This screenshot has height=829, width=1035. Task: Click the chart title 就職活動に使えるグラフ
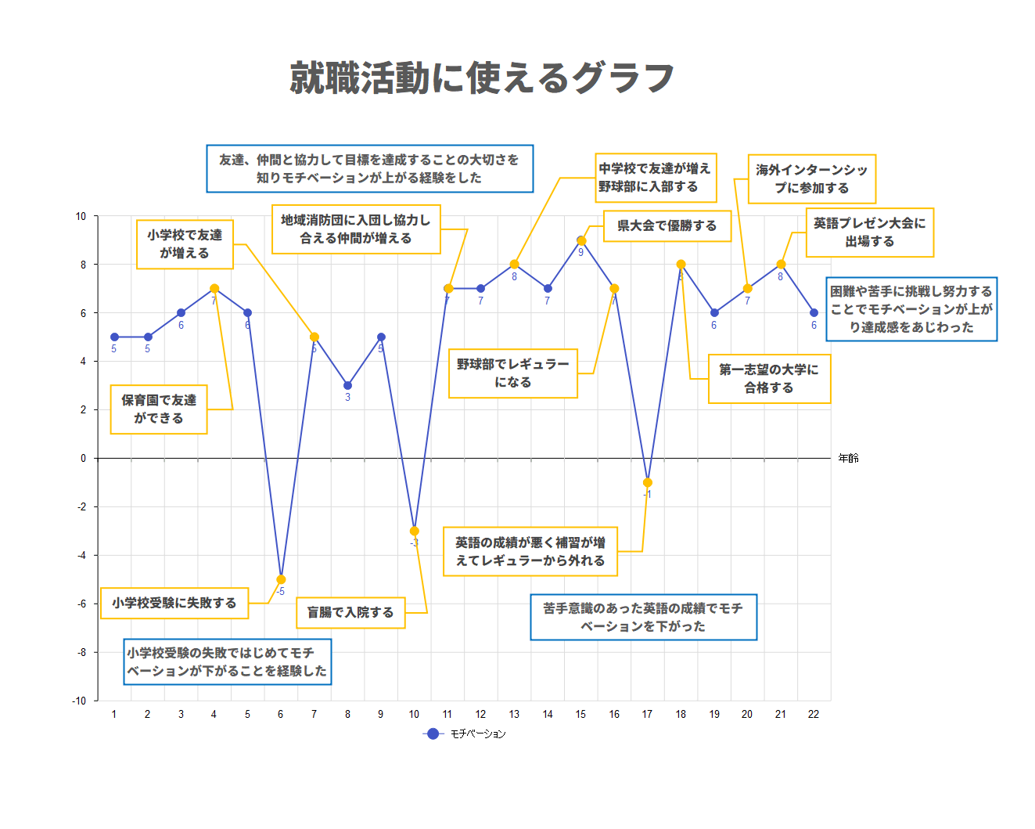pyautogui.click(x=481, y=77)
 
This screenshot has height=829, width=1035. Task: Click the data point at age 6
pyautogui.click(x=281, y=579)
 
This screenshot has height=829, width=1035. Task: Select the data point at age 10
pyautogui.click(x=415, y=531)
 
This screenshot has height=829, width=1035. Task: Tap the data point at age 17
pyautogui.click(x=647, y=482)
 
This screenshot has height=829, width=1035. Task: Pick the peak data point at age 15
pyautogui.click(x=580, y=240)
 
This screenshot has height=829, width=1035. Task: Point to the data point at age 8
pyautogui.click(x=347, y=385)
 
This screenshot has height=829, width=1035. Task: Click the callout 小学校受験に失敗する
pyautogui.click(x=174, y=603)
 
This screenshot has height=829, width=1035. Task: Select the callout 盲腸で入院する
pyautogui.click(x=350, y=612)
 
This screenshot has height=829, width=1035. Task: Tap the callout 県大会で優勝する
pyautogui.click(x=667, y=225)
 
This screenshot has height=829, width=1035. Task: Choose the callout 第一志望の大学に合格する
pyautogui.click(x=768, y=379)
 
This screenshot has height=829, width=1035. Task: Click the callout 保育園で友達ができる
pyautogui.click(x=159, y=409)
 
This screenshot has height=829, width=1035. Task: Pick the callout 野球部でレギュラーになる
pyautogui.click(x=512, y=373)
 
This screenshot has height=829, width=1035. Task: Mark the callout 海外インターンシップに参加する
pyautogui.click(x=811, y=178)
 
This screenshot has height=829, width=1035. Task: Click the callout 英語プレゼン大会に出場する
pyautogui.click(x=869, y=232)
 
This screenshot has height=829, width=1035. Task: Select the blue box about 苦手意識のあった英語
pyautogui.click(x=643, y=617)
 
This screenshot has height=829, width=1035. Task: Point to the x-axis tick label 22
pyautogui.click(x=814, y=714)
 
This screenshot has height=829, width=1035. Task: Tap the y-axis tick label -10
pyautogui.click(x=79, y=701)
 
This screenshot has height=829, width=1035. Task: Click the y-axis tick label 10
pyautogui.click(x=81, y=216)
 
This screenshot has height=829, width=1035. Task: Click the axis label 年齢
pyautogui.click(x=848, y=458)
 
